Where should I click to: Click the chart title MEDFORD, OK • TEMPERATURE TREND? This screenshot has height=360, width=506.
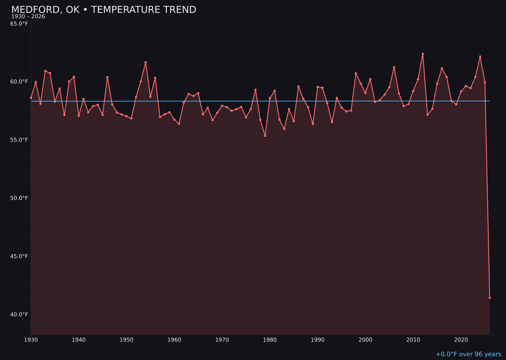click(104, 10)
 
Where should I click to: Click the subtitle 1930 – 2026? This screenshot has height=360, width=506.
click(28, 17)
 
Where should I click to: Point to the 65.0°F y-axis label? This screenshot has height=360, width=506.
click(19, 23)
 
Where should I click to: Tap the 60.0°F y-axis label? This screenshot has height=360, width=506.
click(19, 82)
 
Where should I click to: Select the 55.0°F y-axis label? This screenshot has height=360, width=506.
click(19, 140)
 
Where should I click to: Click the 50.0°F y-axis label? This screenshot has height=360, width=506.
click(19, 198)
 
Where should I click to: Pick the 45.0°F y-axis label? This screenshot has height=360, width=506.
click(19, 256)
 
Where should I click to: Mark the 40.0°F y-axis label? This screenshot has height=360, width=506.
click(19, 314)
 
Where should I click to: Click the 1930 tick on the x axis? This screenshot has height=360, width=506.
click(31, 339)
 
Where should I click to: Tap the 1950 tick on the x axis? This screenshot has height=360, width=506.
click(126, 339)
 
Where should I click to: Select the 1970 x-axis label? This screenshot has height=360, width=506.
click(222, 339)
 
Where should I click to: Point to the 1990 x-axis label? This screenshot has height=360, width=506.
click(318, 339)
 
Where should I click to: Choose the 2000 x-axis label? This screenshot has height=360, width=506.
click(365, 339)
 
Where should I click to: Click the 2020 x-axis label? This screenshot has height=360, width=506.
click(461, 339)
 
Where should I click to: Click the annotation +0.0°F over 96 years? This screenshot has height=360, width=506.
click(468, 354)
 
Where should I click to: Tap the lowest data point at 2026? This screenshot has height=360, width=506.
click(490, 298)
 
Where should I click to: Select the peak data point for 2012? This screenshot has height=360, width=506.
click(423, 54)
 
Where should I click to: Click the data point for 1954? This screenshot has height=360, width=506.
click(146, 62)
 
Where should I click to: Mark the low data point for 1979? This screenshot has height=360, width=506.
click(265, 136)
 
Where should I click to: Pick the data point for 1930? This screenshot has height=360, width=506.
click(31, 98)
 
